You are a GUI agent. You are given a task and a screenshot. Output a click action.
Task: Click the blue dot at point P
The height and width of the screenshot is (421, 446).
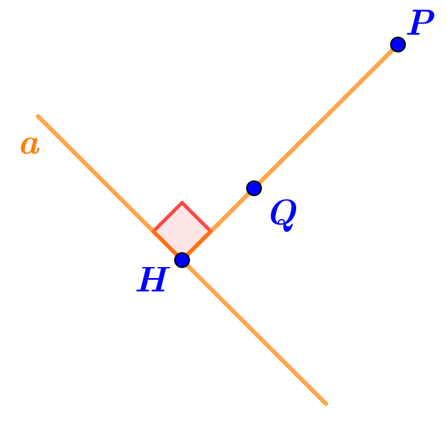(x=398, y=44)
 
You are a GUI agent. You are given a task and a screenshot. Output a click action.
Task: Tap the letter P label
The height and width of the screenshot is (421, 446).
(x=421, y=24)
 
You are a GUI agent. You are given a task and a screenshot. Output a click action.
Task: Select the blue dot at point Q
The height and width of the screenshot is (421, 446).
(x=254, y=188)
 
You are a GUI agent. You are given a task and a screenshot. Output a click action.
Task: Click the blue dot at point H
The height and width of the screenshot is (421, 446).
(x=182, y=260)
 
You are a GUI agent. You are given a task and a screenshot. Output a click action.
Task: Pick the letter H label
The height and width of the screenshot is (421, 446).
(x=153, y=281)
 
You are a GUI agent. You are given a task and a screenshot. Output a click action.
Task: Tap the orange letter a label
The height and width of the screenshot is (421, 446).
(x=30, y=145)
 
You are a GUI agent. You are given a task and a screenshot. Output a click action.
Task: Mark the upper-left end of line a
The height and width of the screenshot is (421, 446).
(x=38, y=116)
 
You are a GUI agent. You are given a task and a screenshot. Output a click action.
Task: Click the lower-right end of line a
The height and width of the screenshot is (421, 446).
(x=326, y=403)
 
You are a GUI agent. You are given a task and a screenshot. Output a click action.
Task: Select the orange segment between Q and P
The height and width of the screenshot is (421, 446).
(x=326, y=116)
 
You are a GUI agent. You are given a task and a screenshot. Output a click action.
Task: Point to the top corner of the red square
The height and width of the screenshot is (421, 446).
(x=182, y=201)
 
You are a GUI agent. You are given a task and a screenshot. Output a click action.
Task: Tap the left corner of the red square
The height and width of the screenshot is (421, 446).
(x=154, y=229)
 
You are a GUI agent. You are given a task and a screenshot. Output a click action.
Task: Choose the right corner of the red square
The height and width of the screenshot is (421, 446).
(x=211, y=229)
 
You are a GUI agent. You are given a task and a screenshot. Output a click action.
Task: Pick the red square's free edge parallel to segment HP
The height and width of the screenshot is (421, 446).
(x=168, y=215)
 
